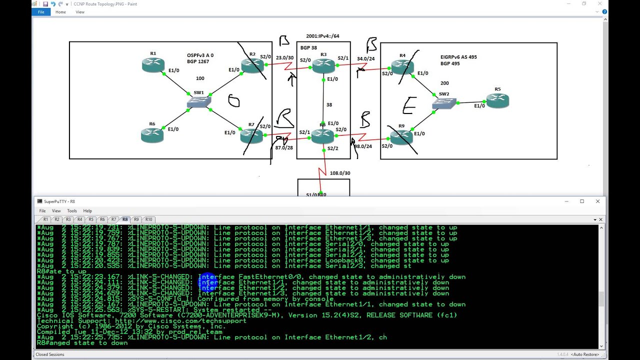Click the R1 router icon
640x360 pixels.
(x=153, y=65)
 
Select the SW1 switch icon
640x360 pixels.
(x=198, y=102)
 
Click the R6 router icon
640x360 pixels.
(x=152, y=135)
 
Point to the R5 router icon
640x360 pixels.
(x=497, y=101)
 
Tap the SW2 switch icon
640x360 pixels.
(x=444, y=103)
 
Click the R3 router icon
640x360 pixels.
(x=323, y=65)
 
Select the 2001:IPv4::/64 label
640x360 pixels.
(x=322, y=36)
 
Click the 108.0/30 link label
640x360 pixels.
(x=339, y=173)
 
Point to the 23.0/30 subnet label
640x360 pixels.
(x=284, y=58)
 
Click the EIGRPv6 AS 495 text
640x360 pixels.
(x=458, y=57)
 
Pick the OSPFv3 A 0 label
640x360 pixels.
(x=200, y=55)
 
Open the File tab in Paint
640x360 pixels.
(x=41, y=12)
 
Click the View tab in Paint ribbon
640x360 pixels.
(x=80, y=12)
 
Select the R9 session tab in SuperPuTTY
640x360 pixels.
(x=136, y=219)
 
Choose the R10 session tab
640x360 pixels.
(x=148, y=219)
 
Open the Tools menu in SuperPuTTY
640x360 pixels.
(x=72, y=211)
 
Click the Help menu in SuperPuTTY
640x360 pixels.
(x=87, y=211)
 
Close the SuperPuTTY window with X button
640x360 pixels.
(x=597, y=201)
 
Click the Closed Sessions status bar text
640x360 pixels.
(x=50, y=354)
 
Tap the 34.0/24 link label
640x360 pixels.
(x=365, y=58)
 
